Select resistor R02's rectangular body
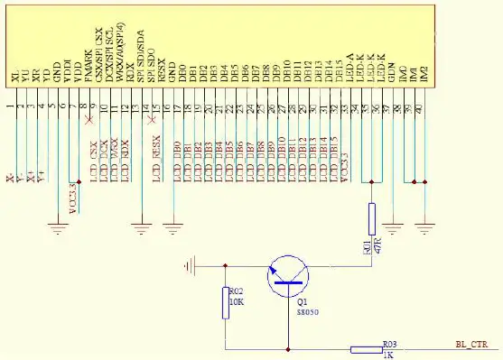[226, 303]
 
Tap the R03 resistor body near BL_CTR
[366, 349]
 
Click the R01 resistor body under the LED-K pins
[371, 218]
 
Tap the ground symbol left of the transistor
[189, 265]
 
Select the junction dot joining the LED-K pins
[371, 181]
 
